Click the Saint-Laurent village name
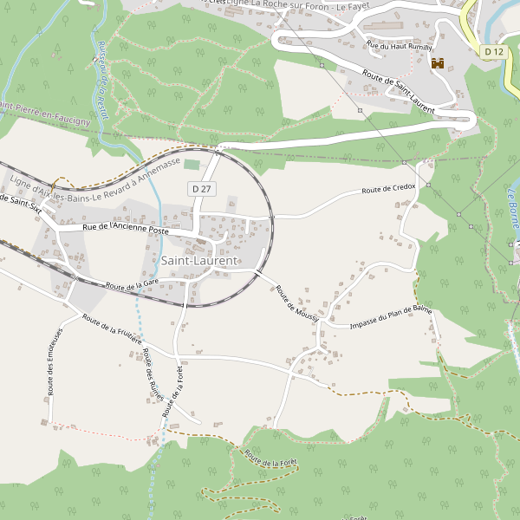(198, 260)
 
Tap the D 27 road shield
(200, 188)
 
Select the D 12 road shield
(493, 52)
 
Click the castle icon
(438, 63)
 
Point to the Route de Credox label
(388, 188)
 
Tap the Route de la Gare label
(132, 283)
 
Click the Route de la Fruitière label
(112, 329)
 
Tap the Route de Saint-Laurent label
(398, 93)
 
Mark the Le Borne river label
(513, 209)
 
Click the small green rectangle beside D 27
(192, 164)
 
